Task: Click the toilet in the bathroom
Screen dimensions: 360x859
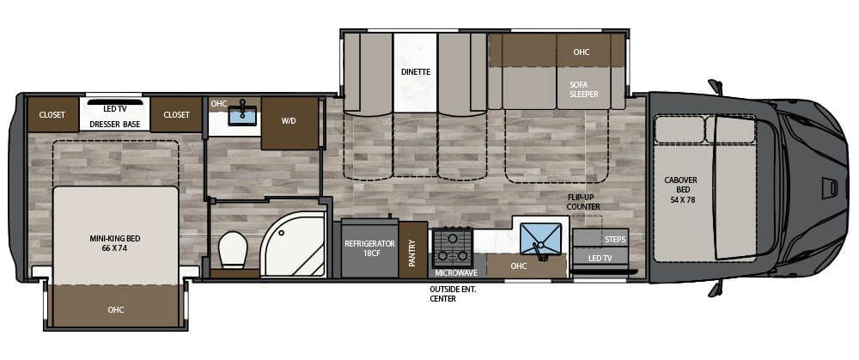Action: pos(232,248)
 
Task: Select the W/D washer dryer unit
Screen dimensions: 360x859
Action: pos(289,121)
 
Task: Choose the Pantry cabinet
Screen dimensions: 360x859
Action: pos(412,250)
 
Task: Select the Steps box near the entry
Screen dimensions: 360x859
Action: pos(600,238)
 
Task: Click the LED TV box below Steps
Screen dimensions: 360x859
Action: pos(600,258)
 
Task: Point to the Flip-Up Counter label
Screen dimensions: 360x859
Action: pos(583,202)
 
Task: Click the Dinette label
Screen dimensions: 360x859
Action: pos(415,72)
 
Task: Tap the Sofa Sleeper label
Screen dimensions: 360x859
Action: pos(583,89)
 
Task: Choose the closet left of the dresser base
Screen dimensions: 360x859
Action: pos(52,115)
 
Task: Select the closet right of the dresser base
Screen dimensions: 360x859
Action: pos(176,115)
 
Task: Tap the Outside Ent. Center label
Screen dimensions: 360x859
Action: pos(453,294)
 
